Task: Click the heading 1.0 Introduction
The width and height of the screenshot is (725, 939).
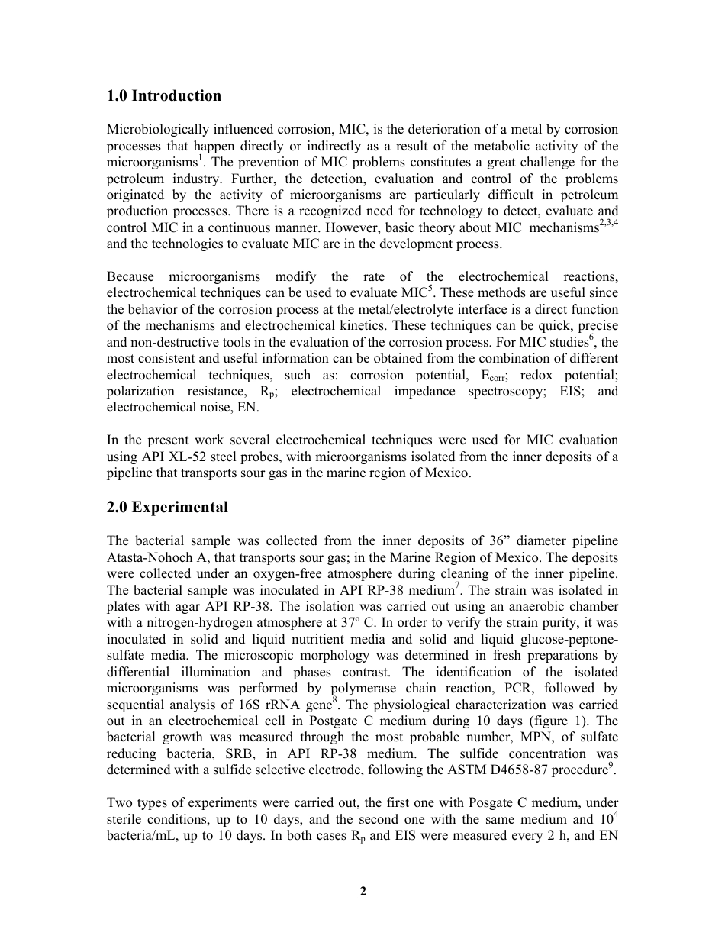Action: click(164, 96)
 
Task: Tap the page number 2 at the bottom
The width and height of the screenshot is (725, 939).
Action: click(363, 891)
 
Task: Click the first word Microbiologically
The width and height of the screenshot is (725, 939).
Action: click(155, 129)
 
